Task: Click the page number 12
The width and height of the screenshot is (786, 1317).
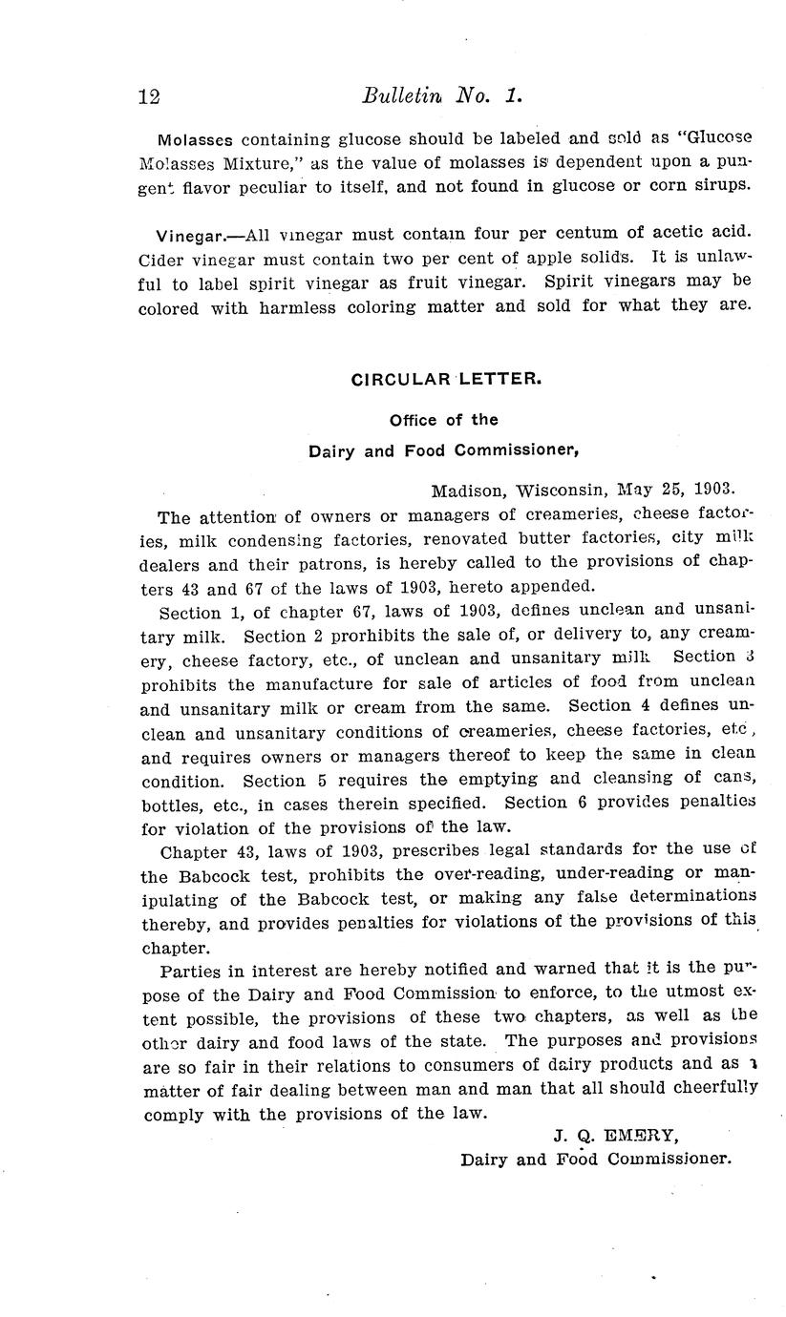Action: [x=148, y=96]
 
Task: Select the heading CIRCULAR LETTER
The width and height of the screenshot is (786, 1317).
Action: [x=446, y=379]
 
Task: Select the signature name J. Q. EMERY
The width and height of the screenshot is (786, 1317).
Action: [x=614, y=1136]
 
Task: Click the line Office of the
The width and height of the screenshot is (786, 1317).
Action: [x=443, y=420]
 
